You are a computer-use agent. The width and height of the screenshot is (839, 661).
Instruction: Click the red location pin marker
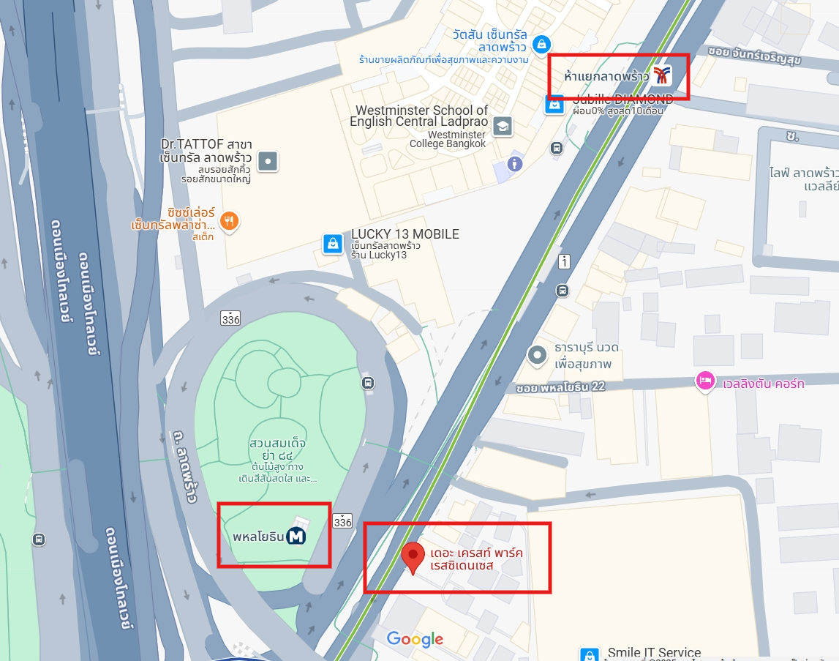[413, 557]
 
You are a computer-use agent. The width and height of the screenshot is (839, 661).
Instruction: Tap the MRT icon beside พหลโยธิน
[296, 537]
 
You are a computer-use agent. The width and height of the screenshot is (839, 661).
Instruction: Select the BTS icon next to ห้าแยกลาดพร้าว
[662, 75]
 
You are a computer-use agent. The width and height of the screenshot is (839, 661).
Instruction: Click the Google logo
[415, 639]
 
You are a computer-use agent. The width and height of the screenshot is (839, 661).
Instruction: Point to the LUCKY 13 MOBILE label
[405, 234]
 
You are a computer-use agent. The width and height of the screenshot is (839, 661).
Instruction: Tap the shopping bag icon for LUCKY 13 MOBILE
[333, 243]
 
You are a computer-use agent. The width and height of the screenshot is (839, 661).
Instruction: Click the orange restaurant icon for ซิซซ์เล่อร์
[230, 220]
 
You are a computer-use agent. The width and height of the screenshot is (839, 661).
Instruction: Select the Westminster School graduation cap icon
[502, 126]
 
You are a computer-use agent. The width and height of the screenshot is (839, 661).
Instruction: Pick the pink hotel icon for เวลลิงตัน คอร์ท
[704, 381]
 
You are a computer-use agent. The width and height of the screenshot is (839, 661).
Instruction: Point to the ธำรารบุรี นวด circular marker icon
[538, 356]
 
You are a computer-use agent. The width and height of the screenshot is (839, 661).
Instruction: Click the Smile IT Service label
[654, 652]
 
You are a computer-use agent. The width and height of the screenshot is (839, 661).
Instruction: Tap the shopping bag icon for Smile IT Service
[589, 654]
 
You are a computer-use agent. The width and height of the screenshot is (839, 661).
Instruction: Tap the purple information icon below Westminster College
[514, 163]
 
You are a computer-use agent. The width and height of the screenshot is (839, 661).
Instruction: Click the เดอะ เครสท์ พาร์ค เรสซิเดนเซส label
[476, 559]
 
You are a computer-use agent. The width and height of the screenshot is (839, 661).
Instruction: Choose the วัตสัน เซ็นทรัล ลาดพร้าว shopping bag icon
[541, 43]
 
